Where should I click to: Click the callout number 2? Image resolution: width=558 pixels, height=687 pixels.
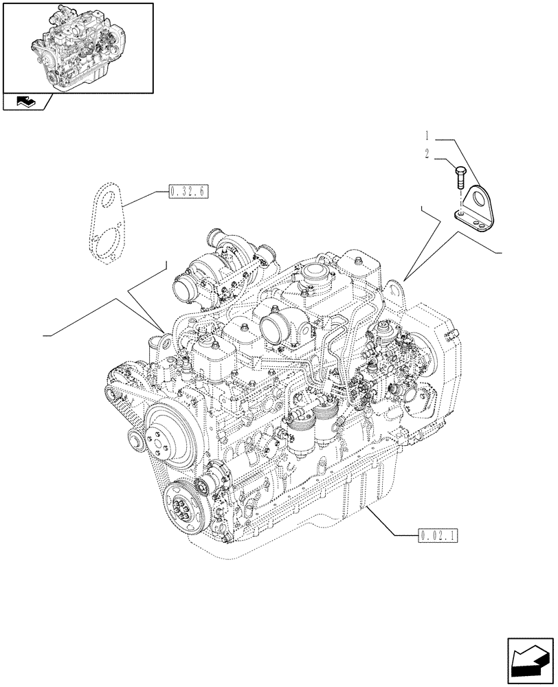click(427, 155)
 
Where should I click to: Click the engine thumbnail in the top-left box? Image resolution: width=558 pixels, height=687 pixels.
click(78, 47)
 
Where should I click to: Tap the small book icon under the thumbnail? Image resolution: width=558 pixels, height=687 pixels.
click(25, 102)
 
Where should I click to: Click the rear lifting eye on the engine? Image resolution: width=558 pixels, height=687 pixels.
click(394, 289)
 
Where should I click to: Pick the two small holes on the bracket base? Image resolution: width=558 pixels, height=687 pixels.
click(475, 222)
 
